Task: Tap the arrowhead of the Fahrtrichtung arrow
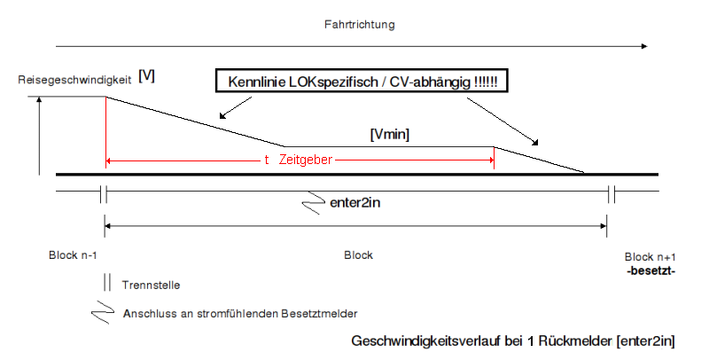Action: click(643, 44)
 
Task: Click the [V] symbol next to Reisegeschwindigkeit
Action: click(147, 77)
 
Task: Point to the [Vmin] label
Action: click(389, 134)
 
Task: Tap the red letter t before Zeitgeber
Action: click(267, 160)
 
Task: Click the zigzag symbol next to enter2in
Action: click(314, 205)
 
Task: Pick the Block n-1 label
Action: click(74, 255)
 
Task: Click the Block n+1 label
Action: click(650, 255)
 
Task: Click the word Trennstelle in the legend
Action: click(153, 285)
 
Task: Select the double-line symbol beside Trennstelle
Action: click(106, 284)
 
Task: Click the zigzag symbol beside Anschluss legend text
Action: click(104, 312)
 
